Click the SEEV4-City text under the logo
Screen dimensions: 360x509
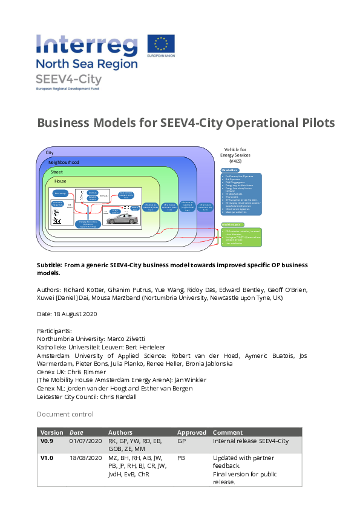click(70, 80)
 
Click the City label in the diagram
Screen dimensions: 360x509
click(50, 153)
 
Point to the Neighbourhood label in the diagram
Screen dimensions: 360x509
click(64, 163)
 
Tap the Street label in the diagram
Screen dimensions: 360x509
click(56, 172)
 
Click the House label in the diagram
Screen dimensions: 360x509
click(60, 181)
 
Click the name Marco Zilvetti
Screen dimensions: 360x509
click(125, 339)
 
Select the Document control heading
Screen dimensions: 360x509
click(65, 414)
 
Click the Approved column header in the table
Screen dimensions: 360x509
click(191, 432)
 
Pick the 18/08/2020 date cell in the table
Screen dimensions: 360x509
click(85, 458)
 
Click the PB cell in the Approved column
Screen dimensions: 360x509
click(181, 458)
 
